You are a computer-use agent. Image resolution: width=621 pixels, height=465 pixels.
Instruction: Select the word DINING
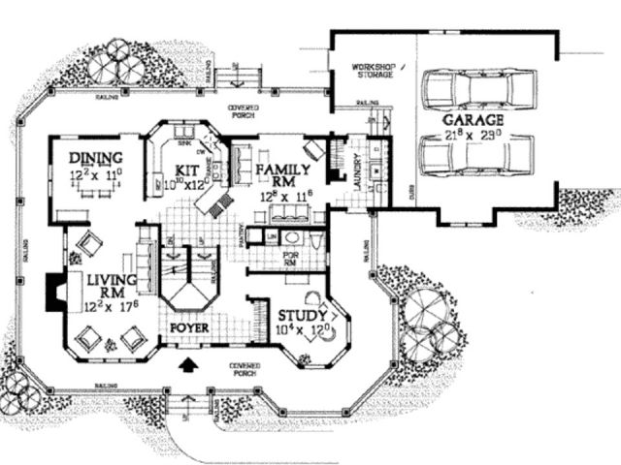95,159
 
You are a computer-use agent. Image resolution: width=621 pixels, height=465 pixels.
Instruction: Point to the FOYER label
191,328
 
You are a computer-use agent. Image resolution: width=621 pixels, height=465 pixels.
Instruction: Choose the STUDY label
303,316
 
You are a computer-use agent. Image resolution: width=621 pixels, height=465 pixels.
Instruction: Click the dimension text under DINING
95,176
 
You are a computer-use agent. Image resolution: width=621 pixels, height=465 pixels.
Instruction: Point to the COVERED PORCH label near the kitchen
242,110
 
